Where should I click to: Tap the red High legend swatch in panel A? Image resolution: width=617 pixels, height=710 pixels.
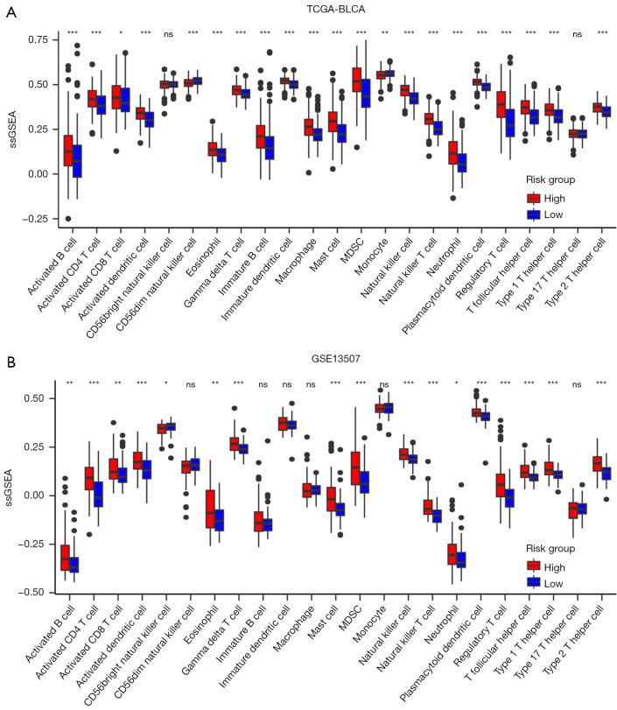pyautogui.click(x=532, y=197)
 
